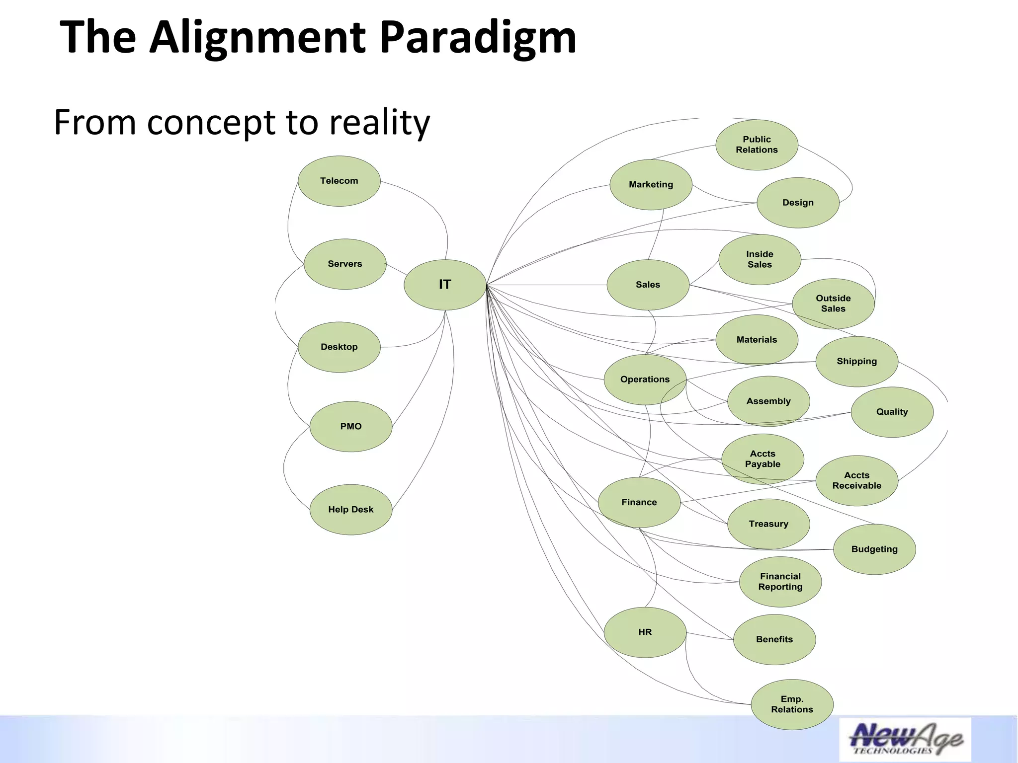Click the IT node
click(x=445, y=285)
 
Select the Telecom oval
click(x=339, y=181)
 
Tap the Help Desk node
click(x=350, y=509)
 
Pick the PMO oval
click(x=350, y=426)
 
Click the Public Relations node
click(x=757, y=145)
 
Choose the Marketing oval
click(x=651, y=184)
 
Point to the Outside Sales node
click(x=833, y=304)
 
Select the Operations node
click(x=645, y=380)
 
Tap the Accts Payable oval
click(x=763, y=459)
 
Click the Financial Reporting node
click(x=780, y=582)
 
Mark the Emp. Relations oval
click(x=792, y=704)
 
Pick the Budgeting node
click(x=874, y=549)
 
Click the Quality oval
click(x=892, y=412)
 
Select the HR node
click(x=645, y=632)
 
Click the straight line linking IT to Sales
click(x=547, y=285)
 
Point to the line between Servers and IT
click(x=396, y=269)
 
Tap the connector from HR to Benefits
click(x=710, y=636)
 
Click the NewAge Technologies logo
click(x=905, y=739)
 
